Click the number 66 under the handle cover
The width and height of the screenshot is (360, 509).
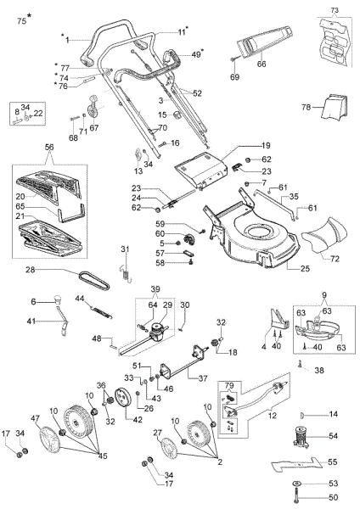click(262, 64)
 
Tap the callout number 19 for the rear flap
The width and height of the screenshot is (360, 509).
click(241, 146)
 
